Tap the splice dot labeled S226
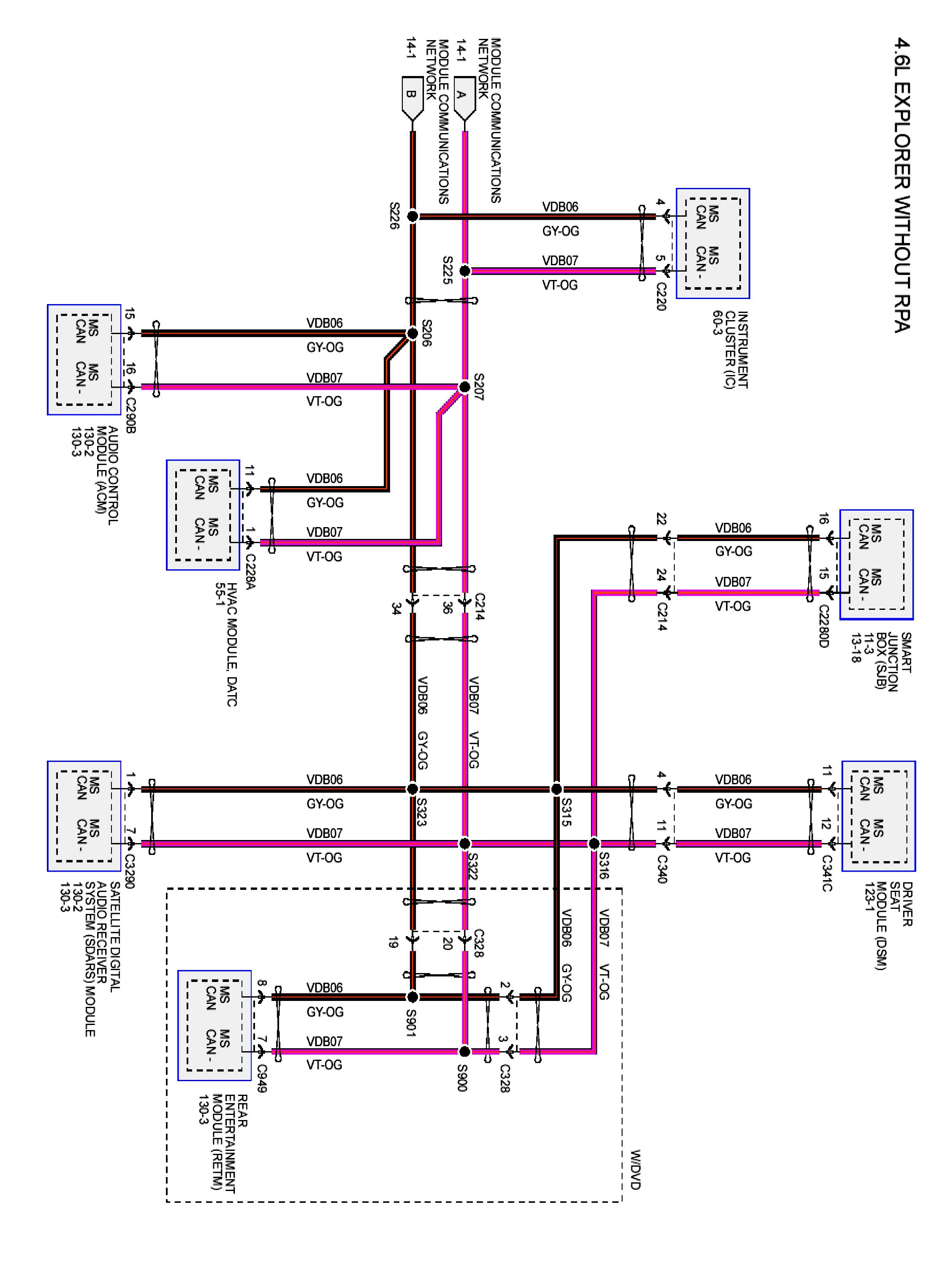pos(412,217)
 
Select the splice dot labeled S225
pos(465,271)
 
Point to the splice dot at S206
pos(412,333)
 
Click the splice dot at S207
pos(465,387)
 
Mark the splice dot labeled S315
pos(556,789)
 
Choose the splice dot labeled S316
pos(594,844)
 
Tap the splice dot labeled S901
pos(412,997)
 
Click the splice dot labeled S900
pos(465,1052)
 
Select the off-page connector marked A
pos(464,98)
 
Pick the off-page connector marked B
pos(412,98)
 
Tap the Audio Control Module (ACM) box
pos(84,360)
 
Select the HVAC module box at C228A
pos(203,515)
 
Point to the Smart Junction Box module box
pos(876,565)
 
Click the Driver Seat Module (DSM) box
pos(878,816)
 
